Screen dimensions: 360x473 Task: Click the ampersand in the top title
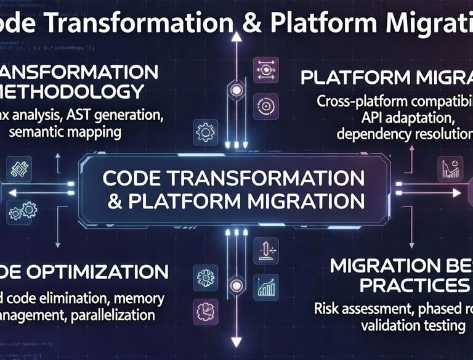click(x=249, y=23)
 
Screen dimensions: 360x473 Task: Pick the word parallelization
click(x=112, y=315)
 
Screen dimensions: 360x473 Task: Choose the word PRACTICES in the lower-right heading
click(x=412, y=285)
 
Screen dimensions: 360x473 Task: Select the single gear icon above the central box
click(x=204, y=132)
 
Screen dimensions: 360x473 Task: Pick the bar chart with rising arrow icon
click(x=266, y=287)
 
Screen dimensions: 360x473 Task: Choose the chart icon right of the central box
click(x=450, y=168)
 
